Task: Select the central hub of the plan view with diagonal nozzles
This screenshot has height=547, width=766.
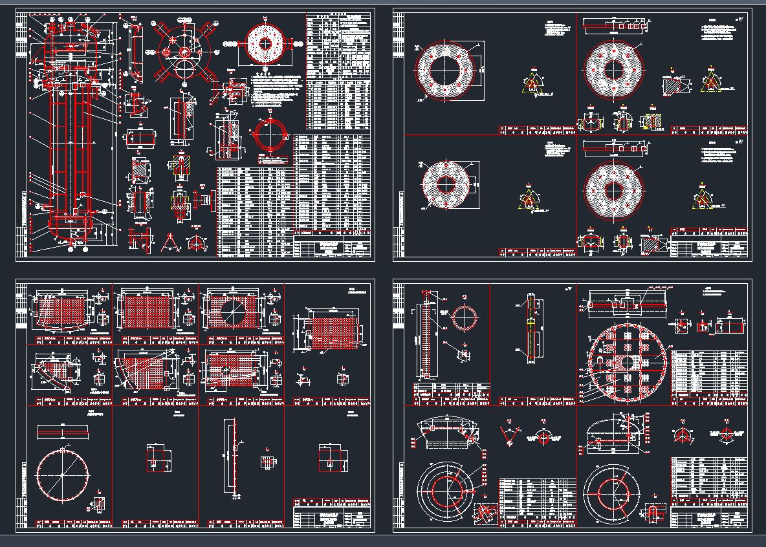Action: (184, 51)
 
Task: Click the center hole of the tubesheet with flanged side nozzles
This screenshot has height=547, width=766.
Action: (265, 44)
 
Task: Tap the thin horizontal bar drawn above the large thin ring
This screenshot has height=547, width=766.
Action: (62, 431)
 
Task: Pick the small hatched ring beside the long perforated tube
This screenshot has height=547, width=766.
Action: (465, 317)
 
